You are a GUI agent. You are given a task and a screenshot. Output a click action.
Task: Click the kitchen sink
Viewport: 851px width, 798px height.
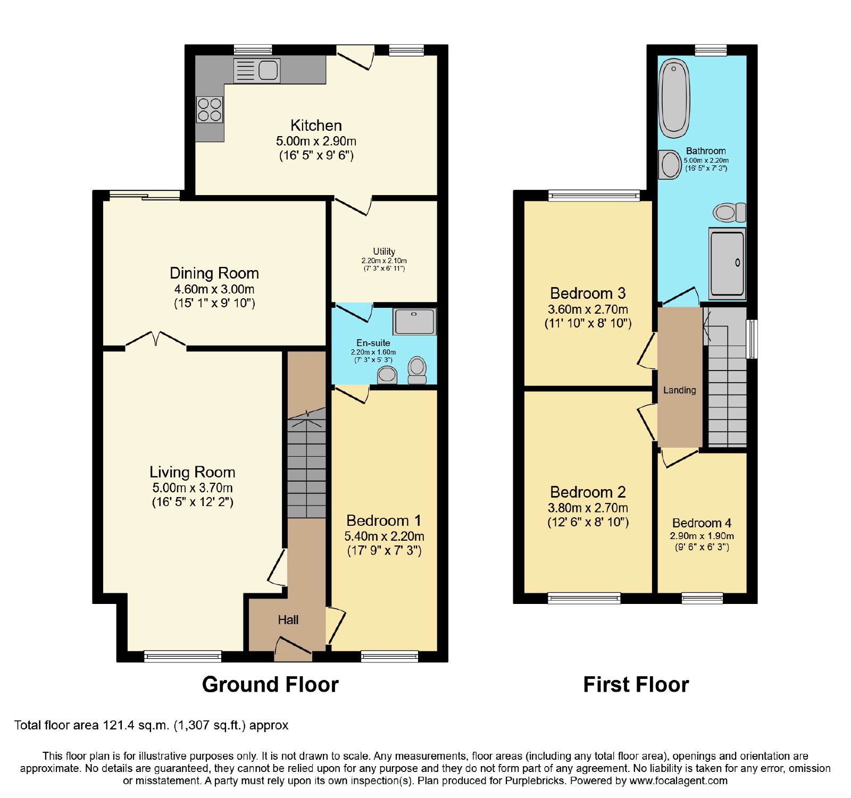coord(257,70)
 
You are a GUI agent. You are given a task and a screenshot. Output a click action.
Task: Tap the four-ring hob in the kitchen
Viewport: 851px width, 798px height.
coord(210,110)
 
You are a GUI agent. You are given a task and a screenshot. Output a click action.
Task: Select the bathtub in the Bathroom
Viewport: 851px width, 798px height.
coord(674,98)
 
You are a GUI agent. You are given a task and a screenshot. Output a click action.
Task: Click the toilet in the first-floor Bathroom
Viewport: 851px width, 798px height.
coord(729,212)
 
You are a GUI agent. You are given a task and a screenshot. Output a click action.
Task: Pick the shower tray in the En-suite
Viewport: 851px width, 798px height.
coord(415,321)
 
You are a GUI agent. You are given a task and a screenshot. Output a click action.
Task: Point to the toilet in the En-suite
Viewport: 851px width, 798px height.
coord(418,370)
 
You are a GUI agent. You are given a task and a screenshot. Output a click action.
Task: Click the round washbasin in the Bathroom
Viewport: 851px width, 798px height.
coord(670,164)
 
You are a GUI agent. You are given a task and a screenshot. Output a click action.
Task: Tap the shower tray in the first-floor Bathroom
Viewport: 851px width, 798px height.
coord(727,263)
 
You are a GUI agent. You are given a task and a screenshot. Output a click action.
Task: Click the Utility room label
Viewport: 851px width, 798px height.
coord(384,251)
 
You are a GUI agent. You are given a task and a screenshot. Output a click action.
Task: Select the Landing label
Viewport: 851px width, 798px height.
coord(679,390)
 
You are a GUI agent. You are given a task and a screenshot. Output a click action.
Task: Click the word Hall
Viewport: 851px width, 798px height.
coord(288,620)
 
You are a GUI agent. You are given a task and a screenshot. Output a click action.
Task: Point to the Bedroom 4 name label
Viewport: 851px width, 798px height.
coord(702,523)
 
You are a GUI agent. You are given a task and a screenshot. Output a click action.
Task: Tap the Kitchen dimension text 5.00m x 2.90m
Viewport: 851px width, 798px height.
coord(316,141)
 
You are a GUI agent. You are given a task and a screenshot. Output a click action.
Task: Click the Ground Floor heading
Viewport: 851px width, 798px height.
coord(270,684)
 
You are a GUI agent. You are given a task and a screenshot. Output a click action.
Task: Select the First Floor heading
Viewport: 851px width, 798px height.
coord(636,684)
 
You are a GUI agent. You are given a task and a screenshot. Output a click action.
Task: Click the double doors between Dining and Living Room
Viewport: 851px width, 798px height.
coord(156,339)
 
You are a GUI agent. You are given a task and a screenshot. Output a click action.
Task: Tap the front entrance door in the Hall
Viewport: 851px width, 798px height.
coord(293,650)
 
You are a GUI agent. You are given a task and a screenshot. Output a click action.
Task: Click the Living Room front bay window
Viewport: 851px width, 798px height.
coord(182,657)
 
